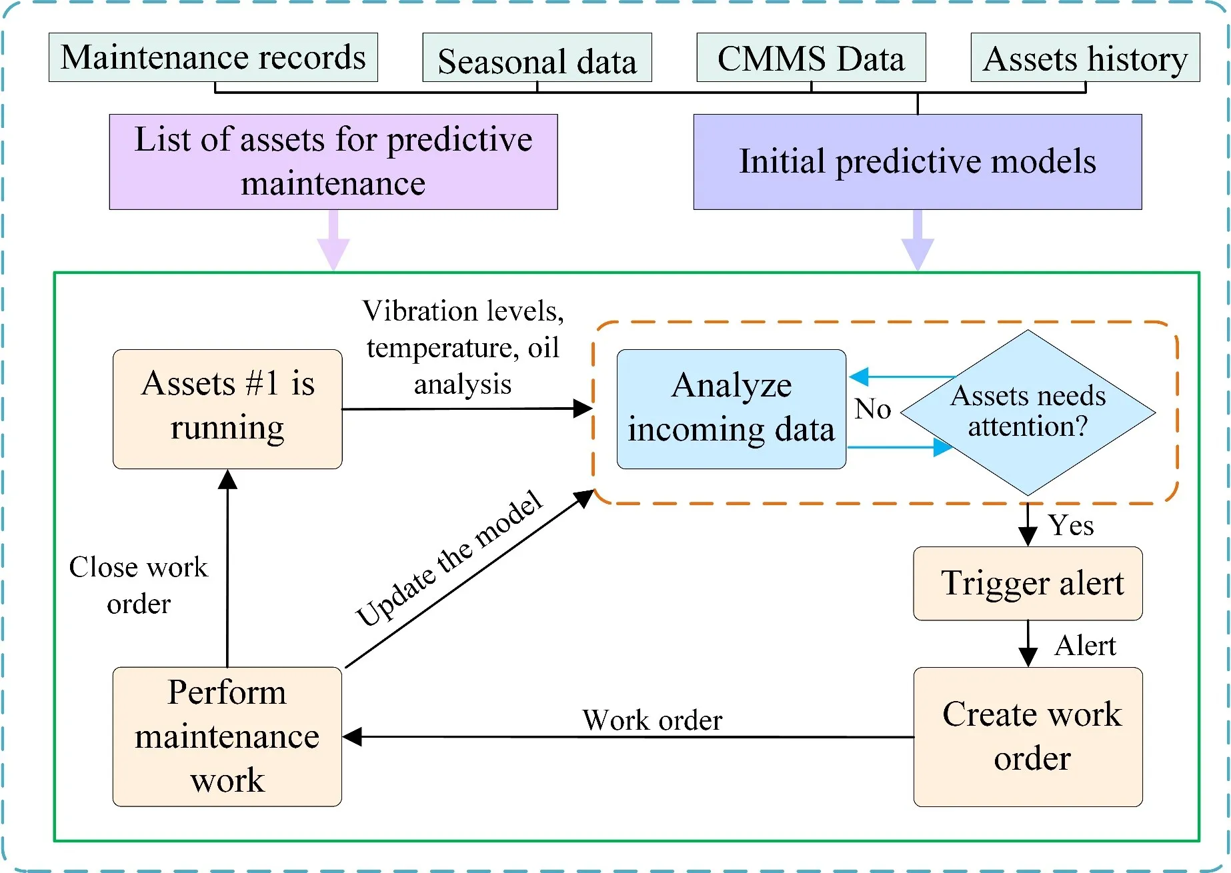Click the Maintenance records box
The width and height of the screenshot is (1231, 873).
click(x=213, y=57)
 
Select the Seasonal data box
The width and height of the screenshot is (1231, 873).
click(x=537, y=59)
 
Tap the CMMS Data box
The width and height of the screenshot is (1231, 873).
click(x=811, y=58)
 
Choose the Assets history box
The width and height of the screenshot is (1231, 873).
click(x=1085, y=58)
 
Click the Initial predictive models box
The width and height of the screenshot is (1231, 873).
click(x=918, y=162)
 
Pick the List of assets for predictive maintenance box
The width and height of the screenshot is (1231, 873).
click(x=333, y=162)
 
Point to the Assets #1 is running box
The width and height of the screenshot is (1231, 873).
click(x=227, y=409)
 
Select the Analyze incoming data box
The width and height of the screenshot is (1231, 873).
click(x=732, y=409)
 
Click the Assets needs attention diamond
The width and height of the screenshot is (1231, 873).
click(x=1028, y=413)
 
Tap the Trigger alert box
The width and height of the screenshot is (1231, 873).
click(x=1028, y=584)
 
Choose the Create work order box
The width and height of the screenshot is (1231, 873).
click(x=1028, y=736)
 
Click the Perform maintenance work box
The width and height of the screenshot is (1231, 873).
click(x=227, y=736)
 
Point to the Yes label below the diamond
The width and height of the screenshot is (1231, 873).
click(x=1071, y=526)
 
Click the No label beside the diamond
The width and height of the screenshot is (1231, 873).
click(x=872, y=409)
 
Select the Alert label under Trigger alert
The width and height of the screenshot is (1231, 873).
click(x=1085, y=646)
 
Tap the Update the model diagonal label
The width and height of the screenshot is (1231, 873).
click(x=449, y=558)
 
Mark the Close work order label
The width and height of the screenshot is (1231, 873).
click(x=139, y=585)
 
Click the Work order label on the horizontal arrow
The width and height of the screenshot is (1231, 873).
click(x=652, y=720)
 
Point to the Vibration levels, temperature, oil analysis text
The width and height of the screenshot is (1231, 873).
click(x=463, y=347)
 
